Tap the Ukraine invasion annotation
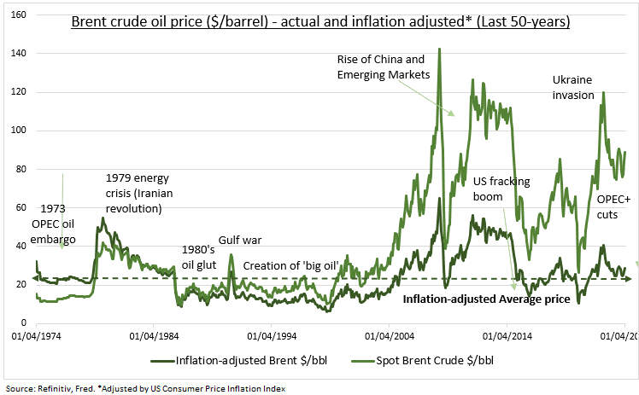[573, 87]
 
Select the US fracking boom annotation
[502, 189]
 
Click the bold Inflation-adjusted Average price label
[486, 299]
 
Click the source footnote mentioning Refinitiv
[146, 387]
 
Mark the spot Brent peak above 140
[439, 49]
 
